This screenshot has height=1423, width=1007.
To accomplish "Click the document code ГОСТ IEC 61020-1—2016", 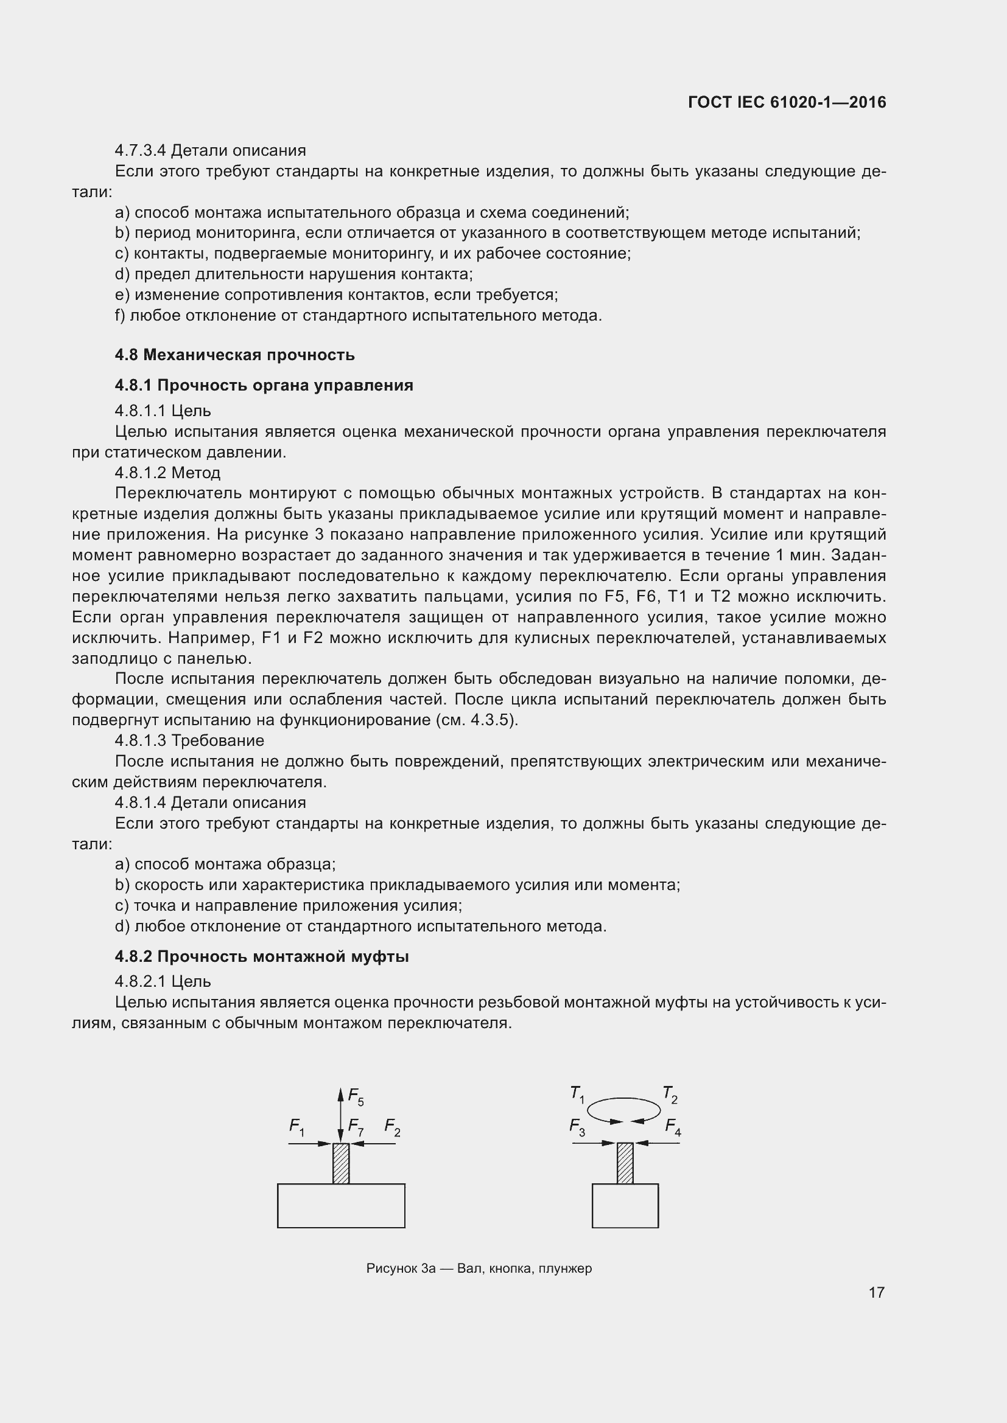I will pyautogui.click(x=786, y=102).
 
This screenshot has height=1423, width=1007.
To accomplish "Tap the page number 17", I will pyautogui.click(x=876, y=1292).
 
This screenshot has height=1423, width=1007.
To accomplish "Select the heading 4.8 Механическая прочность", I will pyautogui.click(x=234, y=355).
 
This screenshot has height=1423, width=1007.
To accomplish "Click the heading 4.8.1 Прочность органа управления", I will pyautogui.click(x=264, y=385).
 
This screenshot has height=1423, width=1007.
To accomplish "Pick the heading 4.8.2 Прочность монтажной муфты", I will pyautogui.click(x=261, y=956).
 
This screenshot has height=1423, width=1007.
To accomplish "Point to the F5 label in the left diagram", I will pyautogui.click(x=356, y=1096).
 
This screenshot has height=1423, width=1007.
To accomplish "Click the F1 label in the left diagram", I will pyautogui.click(x=296, y=1126).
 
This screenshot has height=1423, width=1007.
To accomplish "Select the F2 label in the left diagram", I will pyautogui.click(x=392, y=1126).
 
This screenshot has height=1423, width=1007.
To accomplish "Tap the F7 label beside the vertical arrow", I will pyautogui.click(x=356, y=1126).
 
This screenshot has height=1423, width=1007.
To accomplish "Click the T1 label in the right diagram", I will pyautogui.click(x=577, y=1094).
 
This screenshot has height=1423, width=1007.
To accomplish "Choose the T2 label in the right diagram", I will pyautogui.click(x=670, y=1094).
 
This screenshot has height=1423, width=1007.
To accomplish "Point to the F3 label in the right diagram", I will pyautogui.click(x=577, y=1126).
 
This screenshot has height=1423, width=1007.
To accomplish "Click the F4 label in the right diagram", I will pyautogui.click(x=673, y=1126).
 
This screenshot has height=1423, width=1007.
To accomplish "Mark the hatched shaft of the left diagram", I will pyautogui.click(x=341, y=1163).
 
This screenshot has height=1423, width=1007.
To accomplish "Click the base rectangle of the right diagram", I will pyautogui.click(x=625, y=1205).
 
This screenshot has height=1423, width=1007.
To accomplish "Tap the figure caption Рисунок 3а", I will pyautogui.click(x=479, y=1268).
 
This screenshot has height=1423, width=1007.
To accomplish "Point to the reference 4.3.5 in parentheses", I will pyautogui.click(x=494, y=720).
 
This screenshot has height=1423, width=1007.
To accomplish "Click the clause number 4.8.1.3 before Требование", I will pyautogui.click(x=141, y=740).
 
